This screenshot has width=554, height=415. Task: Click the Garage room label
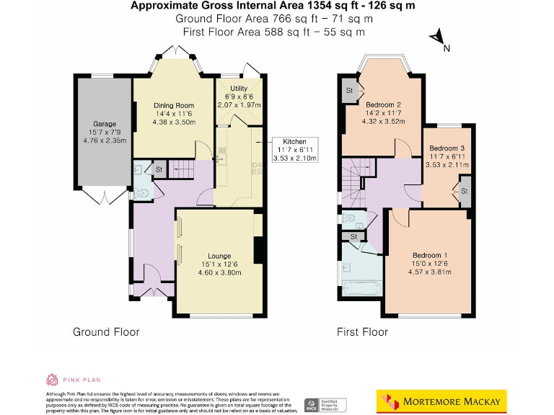tap(104, 123)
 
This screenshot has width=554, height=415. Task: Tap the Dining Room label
tap(173, 105)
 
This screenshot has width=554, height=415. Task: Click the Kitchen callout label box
tap(294, 150)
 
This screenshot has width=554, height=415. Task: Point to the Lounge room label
tap(219, 256)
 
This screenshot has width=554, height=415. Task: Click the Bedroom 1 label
tap(430, 256)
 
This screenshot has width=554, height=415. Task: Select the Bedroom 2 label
tap(382, 105)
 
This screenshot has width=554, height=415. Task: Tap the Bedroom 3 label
tap(448, 148)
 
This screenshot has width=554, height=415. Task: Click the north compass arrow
tap(436, 38)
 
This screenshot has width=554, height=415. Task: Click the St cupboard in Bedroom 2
tap(349, 91)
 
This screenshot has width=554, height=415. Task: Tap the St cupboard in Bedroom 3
tap(464, 192)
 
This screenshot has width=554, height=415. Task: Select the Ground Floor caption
tap(106, 332)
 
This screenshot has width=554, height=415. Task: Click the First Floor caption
tap(362, 332)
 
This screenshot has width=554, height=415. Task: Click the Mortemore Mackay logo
tap(441, 400)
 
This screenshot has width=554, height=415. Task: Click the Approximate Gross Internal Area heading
tap(273, 6)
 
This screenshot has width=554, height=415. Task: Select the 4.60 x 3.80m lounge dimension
tap(219, 273)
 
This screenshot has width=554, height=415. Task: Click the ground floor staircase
tap(183, 169)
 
